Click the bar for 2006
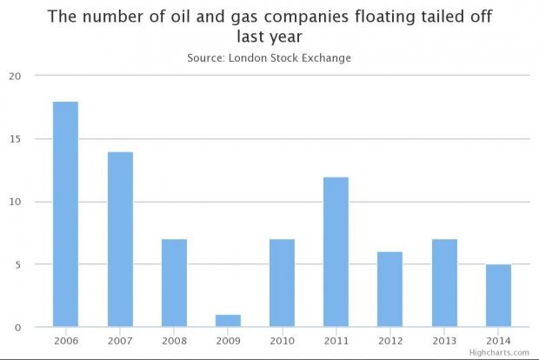tap(65, 215)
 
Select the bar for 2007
tap(120, 240)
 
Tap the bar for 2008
tap(174, 283)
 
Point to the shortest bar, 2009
tap(228, 321)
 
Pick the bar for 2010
tap(282, 283)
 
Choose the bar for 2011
tap(336, 252)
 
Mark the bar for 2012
tap(389, 290)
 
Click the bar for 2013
tap(444, 283)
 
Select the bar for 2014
tap(498, 296)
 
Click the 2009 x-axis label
tap(228, 340)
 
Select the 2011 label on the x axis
tap(336, 340)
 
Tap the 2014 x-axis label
tap(498, 340)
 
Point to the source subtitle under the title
tap(269, 57)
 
